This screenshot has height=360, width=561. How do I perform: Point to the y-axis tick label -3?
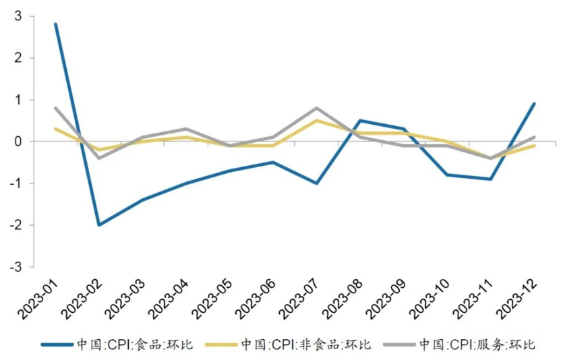pos(16,267)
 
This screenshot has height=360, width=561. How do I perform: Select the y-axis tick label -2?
pos(16,225)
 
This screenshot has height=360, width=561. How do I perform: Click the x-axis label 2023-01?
pos(38,297)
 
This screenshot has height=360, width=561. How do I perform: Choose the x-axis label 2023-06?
pos(256,297)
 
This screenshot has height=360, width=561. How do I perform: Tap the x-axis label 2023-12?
pos(518,297)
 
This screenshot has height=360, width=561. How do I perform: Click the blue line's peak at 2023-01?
pos(55,24)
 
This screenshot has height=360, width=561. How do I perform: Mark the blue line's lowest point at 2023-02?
pos(99,225)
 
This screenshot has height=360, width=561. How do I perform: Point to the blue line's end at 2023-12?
pos(535,104)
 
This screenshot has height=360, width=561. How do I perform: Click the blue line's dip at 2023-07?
pos(317,183)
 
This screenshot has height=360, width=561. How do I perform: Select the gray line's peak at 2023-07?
pos(317,108)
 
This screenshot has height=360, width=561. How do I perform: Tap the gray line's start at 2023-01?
pos(55,108)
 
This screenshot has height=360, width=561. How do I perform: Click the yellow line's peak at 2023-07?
pos(317,121)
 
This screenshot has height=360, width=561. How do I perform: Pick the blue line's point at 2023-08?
pos(360,121)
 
